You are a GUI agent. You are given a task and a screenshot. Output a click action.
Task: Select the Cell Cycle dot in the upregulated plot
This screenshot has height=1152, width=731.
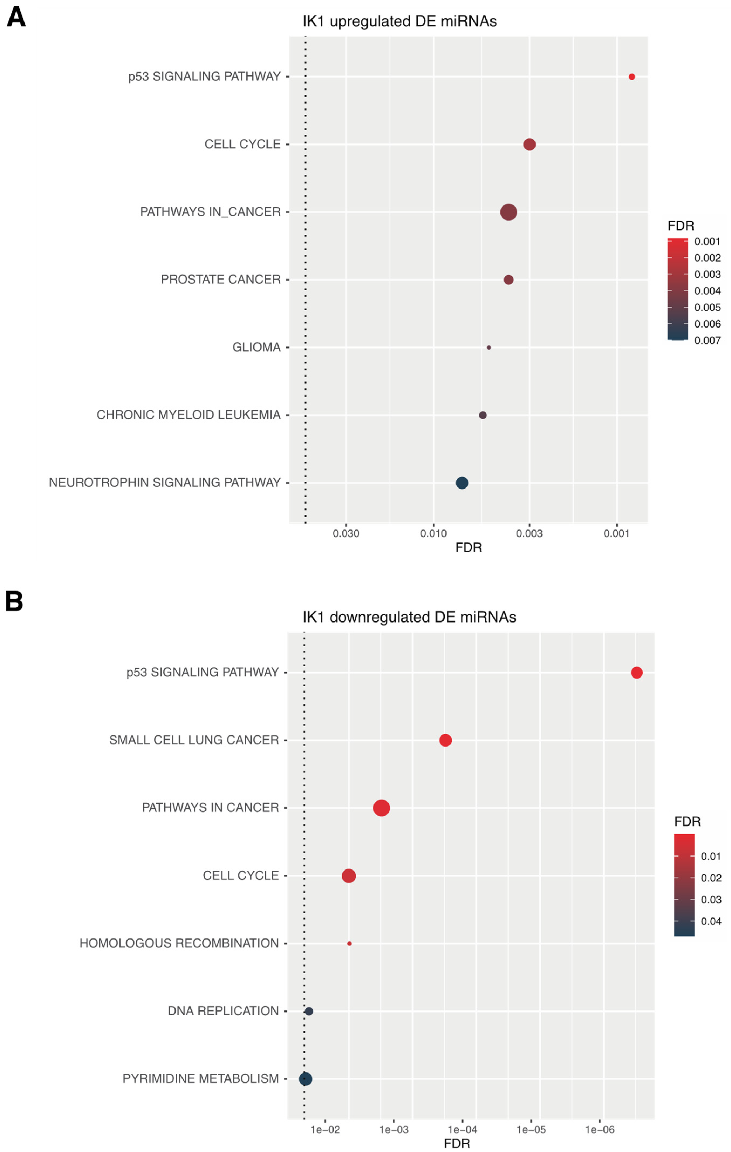click(529, 145)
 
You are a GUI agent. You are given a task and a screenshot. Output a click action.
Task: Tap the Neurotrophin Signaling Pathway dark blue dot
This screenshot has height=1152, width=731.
click(462, 483)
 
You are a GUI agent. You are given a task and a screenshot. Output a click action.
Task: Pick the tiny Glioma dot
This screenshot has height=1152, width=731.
click(488, 347)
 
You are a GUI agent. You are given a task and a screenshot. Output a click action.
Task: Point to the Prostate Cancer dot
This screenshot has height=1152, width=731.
click(509, 280)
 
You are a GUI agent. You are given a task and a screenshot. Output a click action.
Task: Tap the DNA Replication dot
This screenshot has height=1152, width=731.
click(309, 1011)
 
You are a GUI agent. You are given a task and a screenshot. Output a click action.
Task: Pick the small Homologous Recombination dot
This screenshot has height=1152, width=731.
click(349, 943)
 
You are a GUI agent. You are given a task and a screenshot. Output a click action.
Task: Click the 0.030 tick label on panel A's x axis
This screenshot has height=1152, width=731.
click(346, 534)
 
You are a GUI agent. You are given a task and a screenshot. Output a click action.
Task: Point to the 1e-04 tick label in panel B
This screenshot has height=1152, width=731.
click(462, 1130)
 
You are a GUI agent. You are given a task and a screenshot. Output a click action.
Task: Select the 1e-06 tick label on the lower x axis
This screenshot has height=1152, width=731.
click(599, 1130)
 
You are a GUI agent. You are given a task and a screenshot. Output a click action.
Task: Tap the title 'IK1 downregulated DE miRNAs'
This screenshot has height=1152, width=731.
click(409, 617)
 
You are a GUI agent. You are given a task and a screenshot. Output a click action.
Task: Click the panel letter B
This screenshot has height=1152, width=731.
click(14, 601)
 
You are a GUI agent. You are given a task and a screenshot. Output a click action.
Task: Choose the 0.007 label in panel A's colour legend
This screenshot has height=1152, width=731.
click(707, 340)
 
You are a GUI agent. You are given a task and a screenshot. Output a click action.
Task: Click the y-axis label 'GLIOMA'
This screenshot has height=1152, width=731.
click(256, 347)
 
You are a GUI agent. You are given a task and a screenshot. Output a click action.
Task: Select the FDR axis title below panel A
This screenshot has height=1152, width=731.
click(468, 547)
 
